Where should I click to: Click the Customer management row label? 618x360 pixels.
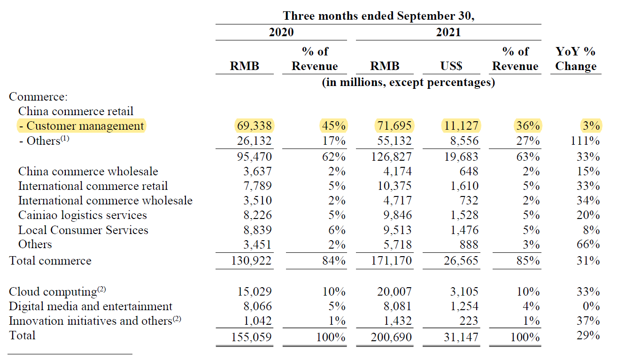pyautogui.click(x=82, y=126)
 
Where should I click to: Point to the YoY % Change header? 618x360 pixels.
pyautogui.click(x=576, y=59)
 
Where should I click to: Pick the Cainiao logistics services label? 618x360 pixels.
pyautogui.click(x=83, y=215)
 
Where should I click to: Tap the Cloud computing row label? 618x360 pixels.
pyautogui.click(x=53, y=291)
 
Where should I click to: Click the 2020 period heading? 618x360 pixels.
pyautogui.click(x=281, y=32)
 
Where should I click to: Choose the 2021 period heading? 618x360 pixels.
pyautogui.click(x=448, y=32)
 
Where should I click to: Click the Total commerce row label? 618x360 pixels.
pyautogui.click(x=50, y=260)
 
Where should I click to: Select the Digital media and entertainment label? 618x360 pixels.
pyautogui.click(x=91, y=306)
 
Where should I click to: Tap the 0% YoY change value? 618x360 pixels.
pyautogui.click(x=593, y=306)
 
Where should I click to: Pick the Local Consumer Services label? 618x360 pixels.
pyautogui.click(x=83, y=230)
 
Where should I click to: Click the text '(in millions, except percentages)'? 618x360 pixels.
pyautogui.click(x=409, y=83)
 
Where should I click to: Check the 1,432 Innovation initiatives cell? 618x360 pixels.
pyautogui.click(x=397, y=321)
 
